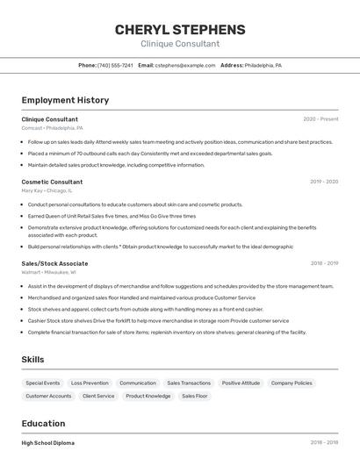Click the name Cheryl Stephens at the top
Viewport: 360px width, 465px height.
180,30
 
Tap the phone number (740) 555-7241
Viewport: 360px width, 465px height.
115,65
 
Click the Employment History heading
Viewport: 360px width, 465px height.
65,100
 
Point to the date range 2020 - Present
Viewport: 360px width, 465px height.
320,118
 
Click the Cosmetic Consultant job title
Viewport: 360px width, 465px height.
52,182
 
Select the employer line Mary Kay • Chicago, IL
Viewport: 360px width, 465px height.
47,190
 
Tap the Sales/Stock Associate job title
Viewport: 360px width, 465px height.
54,263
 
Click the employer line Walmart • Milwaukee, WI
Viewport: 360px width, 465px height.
49,272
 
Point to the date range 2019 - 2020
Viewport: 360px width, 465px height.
324,182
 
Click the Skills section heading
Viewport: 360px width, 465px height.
33,360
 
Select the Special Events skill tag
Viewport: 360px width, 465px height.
43,383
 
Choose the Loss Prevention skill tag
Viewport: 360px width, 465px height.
90,383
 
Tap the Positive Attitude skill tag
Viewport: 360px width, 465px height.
241,383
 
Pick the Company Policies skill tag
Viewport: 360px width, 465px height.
292,383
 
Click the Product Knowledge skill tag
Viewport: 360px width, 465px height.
148,397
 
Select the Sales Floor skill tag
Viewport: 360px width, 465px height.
194,397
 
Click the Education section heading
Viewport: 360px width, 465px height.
43,424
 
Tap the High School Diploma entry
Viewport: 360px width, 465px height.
47,443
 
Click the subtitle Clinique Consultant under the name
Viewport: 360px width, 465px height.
180,44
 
